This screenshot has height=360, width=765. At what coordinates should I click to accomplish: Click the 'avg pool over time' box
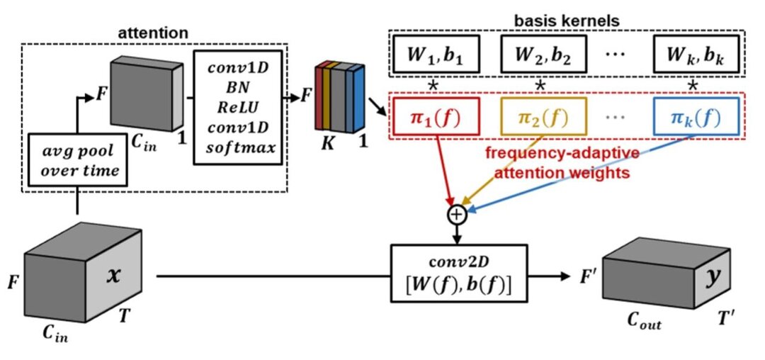point(77,159)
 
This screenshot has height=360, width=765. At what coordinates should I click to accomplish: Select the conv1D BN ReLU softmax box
point(237,107)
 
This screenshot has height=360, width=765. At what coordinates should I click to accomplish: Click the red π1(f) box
point(435,116)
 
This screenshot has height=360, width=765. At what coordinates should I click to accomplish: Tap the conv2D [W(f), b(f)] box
point(459,273)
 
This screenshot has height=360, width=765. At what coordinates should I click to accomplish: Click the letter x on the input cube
point(113,276)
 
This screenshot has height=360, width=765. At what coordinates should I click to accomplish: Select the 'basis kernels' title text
point(567,21)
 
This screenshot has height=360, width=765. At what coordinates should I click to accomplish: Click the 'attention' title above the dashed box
point(153,33)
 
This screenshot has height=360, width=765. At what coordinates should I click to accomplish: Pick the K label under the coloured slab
point(327,143)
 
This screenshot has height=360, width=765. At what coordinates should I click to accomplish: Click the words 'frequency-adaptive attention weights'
point(562,164)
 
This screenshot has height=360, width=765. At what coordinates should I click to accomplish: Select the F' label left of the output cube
point(588,276)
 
